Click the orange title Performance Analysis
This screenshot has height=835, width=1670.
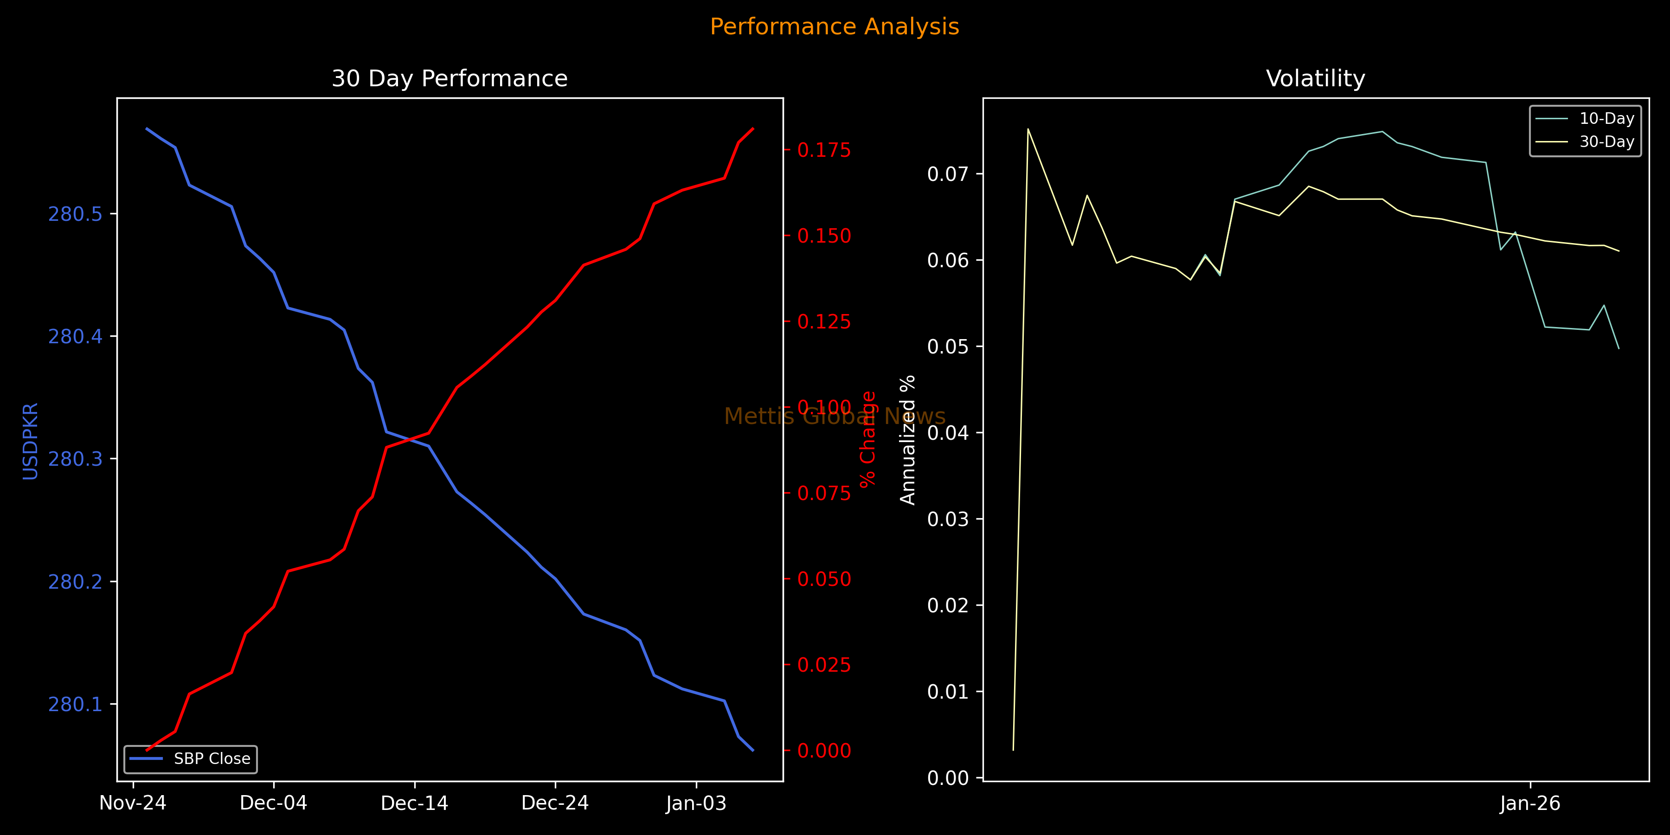click(x=835, y=26)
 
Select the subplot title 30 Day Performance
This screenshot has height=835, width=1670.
click(x=449, y=78)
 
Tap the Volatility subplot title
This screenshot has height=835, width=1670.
click(x=1316, y=78)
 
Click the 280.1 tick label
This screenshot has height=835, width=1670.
click(x=75, y=704)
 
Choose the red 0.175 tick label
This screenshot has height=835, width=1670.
click(x=824, y=150)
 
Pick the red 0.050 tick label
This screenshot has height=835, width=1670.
click(x=824, y=579)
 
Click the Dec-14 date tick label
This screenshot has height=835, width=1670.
click(x=414, y=803)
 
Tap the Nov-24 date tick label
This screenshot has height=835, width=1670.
click(x=133, y=803)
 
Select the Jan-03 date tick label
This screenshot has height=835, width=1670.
click(x=696, y=803)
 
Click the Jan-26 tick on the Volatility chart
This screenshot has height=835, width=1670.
click(x=1530, y=803)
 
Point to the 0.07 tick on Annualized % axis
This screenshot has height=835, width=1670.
click(x=948, y=174)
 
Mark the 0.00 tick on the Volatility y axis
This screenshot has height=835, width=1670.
click(x=948, y=778)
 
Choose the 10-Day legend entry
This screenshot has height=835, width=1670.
click(x=1606, y=119)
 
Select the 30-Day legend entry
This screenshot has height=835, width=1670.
click(x=1606, y=142)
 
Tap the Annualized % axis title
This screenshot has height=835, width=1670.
click(x=908, y=440)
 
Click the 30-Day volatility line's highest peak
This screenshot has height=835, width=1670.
click(x=1028, y=129)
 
